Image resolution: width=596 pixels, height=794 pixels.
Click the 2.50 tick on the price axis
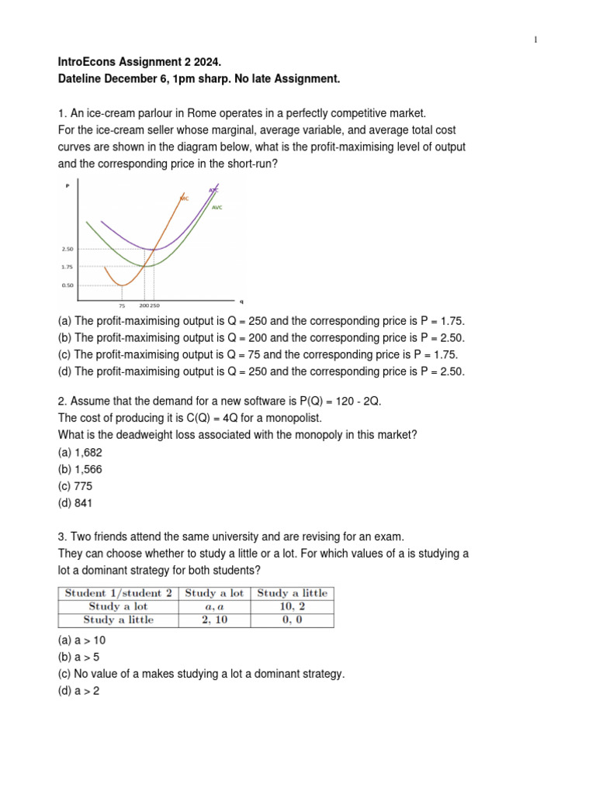tap(67, 249)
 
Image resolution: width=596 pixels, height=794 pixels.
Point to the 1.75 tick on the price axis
tap(67, 267)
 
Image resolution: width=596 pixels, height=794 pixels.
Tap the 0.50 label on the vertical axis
tap(67, 285)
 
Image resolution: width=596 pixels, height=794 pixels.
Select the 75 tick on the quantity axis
tap(122, 306)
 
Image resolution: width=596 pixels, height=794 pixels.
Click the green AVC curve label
tap(217, 208)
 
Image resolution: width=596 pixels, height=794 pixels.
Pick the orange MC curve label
tap(184, 198)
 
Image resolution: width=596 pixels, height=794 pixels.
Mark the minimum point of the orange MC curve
tap(122, 285)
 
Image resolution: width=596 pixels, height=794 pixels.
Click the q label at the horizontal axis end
tap(241, 300)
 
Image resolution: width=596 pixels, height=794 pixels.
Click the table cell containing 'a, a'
tap(213, 606)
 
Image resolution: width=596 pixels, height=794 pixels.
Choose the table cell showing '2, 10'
tap(213, 620)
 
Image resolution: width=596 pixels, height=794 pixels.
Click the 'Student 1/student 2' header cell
tap(119, 593)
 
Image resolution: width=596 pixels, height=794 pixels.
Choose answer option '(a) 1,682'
tap(85, 452)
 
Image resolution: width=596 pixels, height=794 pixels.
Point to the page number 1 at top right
tap(535, 40)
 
